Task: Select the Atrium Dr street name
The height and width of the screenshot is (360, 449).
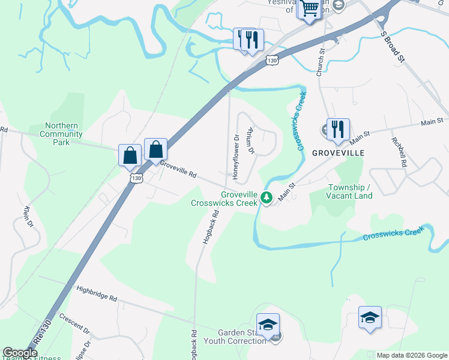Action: coord(251,140)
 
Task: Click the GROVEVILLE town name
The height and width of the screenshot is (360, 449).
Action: coord(338,154)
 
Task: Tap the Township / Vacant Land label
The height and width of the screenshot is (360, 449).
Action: coord(350,191)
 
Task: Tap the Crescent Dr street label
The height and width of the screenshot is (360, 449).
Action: coord(74,324)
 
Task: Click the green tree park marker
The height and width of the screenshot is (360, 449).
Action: coord(267,197)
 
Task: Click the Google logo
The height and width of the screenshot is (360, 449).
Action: coord(20,353)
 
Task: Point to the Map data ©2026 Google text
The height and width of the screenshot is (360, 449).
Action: coord(412,355)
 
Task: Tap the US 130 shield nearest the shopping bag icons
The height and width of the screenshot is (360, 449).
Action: coord(137,179)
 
